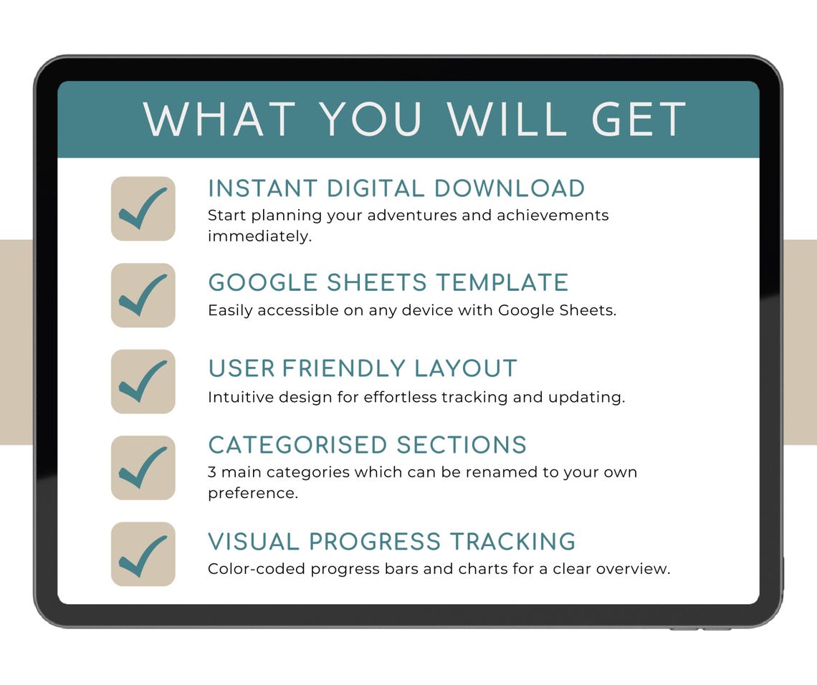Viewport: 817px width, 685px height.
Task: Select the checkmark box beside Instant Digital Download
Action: [143, 209]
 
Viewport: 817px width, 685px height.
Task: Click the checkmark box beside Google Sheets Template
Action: [143, 295]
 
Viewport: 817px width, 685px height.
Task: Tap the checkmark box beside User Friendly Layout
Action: [143, 381]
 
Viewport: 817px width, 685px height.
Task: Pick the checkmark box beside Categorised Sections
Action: [143, 468]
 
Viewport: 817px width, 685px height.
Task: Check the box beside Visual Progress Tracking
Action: [143, 554]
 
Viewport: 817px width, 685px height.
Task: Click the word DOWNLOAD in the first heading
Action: [510, 188]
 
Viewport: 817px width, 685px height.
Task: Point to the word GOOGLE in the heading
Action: [263, 282]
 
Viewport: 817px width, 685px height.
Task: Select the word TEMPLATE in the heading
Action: [502, 282]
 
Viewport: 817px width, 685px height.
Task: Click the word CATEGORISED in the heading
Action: [297, 445]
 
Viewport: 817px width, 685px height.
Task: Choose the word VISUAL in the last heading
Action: [253, 541]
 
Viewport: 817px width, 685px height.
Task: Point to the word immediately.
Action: [259, 236]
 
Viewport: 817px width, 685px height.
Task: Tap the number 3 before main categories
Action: [212, 472]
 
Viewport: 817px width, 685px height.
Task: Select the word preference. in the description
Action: [252, 494]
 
